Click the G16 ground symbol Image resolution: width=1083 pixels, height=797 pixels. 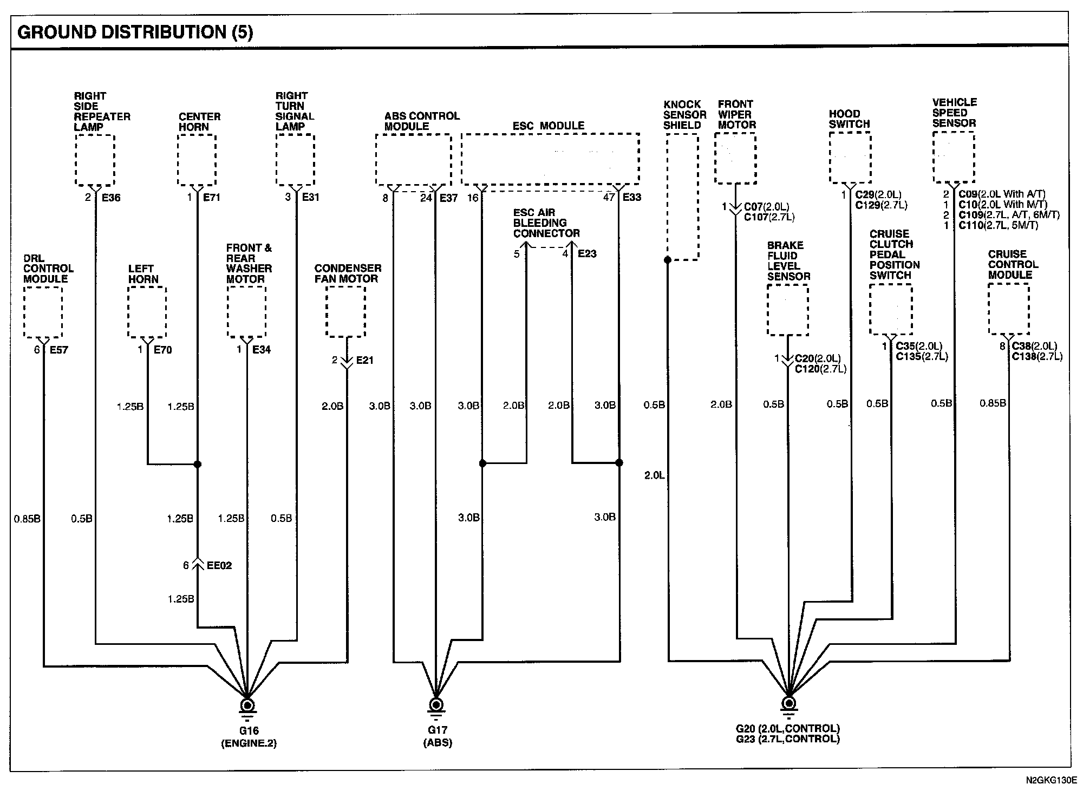[x=247, y=706]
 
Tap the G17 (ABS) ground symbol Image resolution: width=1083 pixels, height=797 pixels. [x=435, y=706]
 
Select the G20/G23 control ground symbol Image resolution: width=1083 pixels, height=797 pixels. [x=789, y=704]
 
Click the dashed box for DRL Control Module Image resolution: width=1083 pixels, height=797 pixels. [x=43, y=312]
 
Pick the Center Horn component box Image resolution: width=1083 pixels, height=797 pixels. [x=197, y=160]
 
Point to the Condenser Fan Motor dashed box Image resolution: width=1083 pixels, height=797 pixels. [x=345, y=311]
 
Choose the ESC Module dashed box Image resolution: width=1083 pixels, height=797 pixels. [x=550, y=159]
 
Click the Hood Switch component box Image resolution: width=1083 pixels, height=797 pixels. [x=850, y=158]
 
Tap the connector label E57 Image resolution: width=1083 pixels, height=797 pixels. [x=59, y=350]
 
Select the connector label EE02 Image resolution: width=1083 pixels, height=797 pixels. [x=219, y=566]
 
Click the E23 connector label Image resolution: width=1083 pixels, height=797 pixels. [x=587, y=253]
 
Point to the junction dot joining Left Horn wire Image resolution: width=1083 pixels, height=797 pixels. [x=198, y=464]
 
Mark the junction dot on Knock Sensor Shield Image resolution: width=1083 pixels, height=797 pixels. [x=668, y=260]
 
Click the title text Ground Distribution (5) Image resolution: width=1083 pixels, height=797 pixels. [x=135, y=32]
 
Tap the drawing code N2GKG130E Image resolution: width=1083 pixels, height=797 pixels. [x=1048, y=781]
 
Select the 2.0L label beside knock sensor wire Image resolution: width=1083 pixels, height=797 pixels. [x=654, y=475]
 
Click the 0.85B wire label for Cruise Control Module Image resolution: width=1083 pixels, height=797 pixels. [x=993, y=403]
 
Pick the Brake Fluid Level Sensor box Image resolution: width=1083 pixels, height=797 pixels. [x=788, y=310]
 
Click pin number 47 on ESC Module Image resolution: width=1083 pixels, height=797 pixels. [x=609, y=197]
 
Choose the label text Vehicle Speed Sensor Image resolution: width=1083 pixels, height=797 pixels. [x=954, y=113]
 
